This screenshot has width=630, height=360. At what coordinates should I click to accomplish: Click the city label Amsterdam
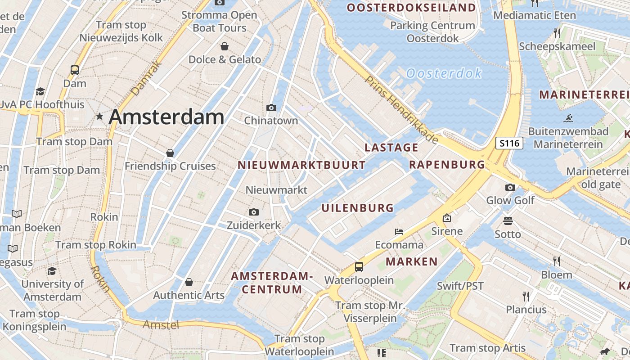click(x=166, y=117)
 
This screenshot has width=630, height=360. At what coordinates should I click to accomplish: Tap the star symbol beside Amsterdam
click(x=99, y=117)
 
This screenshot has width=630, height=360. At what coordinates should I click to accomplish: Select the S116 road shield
click(x=510, y=144)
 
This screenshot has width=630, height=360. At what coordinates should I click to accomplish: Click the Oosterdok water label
click(x=444, y=73)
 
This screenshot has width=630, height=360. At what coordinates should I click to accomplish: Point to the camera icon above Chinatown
click(x=271, y=108)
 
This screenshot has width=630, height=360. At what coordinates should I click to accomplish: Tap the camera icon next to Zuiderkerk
click(x=254, y=212)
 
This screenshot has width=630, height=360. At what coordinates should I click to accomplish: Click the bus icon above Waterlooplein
click(x=359, y=266)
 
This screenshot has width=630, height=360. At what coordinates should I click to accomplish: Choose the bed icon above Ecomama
click(x=399, y=232)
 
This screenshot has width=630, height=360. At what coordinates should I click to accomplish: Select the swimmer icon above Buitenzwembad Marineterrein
click(x=568, y=119)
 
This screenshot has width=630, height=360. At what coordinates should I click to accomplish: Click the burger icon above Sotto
click(x=508, y=221)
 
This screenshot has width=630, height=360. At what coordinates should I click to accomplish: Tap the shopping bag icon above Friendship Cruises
click(x=170, y=153)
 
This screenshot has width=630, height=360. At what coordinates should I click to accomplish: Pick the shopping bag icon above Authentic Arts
click(x=189, y=282)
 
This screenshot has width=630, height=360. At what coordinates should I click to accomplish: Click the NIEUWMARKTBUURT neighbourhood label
click(x=301, y=165)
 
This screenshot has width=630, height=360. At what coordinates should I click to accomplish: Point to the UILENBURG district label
click(x=358, y=208)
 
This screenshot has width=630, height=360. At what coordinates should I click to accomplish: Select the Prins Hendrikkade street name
click(x=401, y=110)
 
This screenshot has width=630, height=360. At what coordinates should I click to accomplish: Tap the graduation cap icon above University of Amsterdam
click(x=52, y=271)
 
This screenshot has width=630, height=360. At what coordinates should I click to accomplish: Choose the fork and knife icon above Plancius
click(x=526, y=296)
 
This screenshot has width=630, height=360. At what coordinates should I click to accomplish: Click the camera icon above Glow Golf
click(x=510, y=187)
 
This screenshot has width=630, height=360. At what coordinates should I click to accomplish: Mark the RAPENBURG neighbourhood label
click(x=447, y=165)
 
